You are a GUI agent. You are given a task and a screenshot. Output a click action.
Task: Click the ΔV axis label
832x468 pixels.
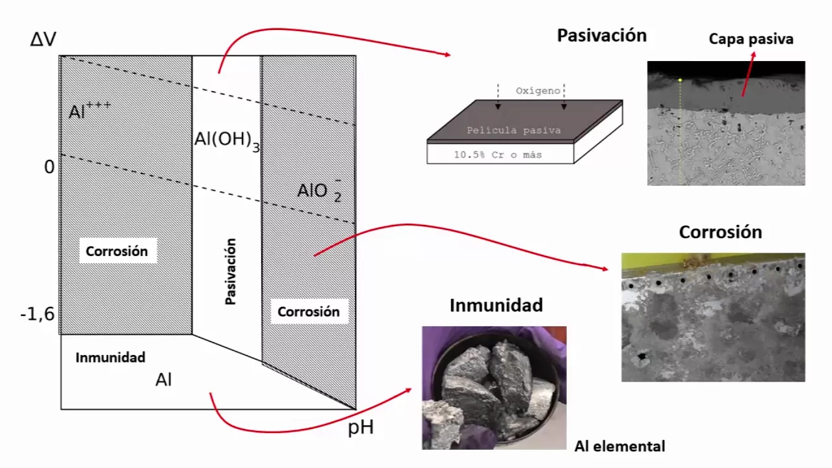point(44,40)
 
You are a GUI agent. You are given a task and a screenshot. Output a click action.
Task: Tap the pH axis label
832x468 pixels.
point(361,428)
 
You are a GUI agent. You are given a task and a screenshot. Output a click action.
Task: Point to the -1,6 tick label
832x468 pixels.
point(38,315)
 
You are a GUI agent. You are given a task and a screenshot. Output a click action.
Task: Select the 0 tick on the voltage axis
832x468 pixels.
point(49,167)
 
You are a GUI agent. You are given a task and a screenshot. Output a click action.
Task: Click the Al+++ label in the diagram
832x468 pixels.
point(90,110)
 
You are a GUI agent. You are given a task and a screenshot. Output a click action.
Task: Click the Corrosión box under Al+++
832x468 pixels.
point(117,251)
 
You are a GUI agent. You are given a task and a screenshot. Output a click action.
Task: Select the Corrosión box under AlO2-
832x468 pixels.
point(308,311)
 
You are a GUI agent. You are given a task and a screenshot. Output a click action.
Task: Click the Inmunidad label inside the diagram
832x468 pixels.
point(110,357)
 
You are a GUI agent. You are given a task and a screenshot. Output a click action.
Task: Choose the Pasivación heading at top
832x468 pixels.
point(601,36)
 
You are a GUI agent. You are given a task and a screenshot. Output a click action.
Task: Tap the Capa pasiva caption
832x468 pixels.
point(751,39)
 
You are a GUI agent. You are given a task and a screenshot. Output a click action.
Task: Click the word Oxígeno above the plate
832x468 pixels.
point(538,91)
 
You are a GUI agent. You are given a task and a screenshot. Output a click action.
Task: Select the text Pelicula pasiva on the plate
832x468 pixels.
point(513,131)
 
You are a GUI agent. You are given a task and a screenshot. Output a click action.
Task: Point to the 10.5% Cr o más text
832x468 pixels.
point(498,155)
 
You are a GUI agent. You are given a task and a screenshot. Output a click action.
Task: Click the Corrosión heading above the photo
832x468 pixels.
point(720,232)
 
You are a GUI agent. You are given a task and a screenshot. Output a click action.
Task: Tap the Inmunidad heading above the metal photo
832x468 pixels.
point(496,305)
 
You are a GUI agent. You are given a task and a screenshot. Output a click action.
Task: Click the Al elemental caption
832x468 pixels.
point(619,447)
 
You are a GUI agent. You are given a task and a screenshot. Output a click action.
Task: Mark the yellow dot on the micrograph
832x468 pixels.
point(680,80)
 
